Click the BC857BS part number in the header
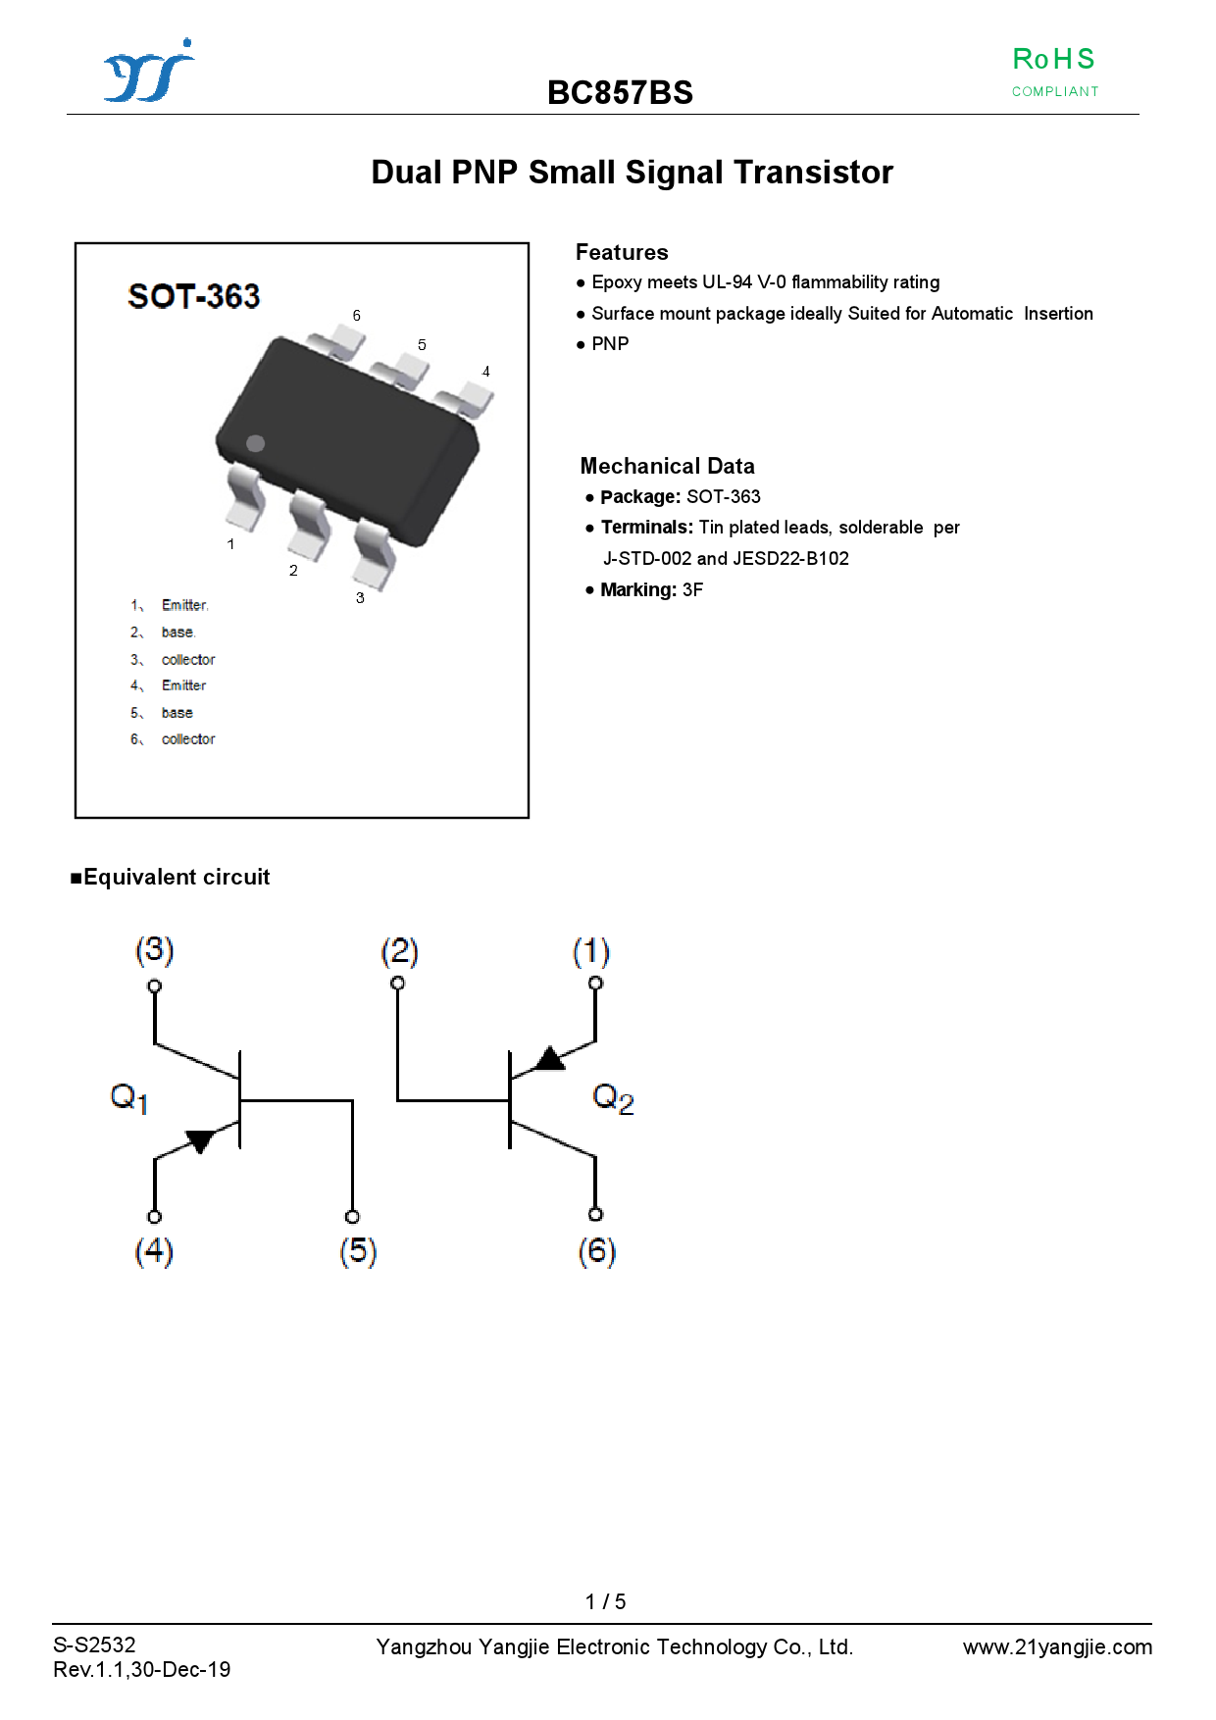click(620, 92)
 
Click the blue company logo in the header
click(149, 71)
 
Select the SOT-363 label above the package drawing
click(194, 296)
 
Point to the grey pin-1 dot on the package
click(256, 443)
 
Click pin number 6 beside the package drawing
click(357, 316)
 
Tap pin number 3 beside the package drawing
click(360, 597)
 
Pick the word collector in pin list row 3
click(188, 660)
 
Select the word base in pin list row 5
click(177, 713)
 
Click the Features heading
click(622, 252)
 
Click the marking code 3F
click(692, 589)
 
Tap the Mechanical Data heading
click(668, 466)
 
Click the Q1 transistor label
click(129, 1098)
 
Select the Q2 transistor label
click(613, 1098)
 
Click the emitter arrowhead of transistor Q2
click(551, 1058)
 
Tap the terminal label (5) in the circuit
click(358, 1251)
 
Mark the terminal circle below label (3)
click(154, 986)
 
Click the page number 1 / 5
click(605, 1601)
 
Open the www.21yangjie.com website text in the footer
click(1057, 1647)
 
